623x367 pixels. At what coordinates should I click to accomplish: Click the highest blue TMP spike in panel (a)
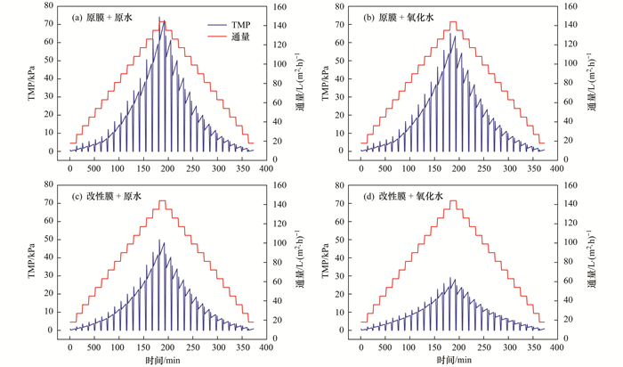coord(160,17)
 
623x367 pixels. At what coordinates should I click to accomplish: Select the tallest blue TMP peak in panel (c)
coord(160,241)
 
